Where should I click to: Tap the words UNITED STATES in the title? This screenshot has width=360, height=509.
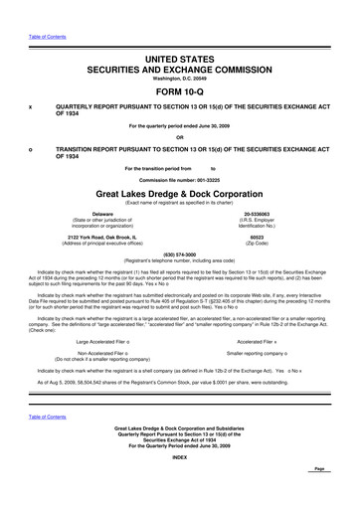click(x=180, y=61)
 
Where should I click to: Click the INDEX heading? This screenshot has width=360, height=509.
click(x=180, y=484)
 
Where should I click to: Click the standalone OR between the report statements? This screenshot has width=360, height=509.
click(x=180, y=137)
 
